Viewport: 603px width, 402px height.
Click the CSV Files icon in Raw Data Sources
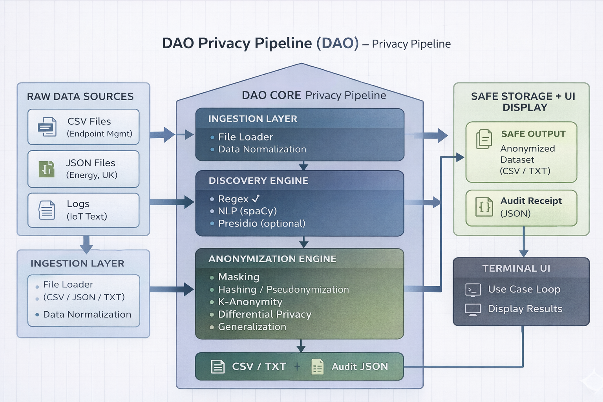coord(47,127)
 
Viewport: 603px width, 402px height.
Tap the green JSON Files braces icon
coord(47,169)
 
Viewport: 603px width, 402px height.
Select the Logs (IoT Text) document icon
coord(47,210)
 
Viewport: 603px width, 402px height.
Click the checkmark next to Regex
coord(256,199)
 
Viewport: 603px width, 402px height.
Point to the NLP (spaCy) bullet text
coord(247,211)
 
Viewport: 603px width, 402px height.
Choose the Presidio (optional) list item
coord(261,223)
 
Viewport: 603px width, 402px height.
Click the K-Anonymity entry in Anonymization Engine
coord(250,302)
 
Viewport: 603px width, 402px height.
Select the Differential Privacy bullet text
coord(265,314)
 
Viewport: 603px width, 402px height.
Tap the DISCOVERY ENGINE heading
coord(258,181)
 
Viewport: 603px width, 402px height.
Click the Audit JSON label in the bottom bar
coord(360,367)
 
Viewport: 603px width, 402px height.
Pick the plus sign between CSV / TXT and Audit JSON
coord(297,367)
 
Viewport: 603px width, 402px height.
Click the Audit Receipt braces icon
coord(484,207)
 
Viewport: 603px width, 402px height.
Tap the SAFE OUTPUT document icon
coord(484,139)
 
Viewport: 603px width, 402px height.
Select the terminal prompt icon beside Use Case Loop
coord(473,290)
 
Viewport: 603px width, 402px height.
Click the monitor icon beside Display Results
coord(473,309)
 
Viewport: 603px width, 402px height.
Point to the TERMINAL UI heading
coord(516,268)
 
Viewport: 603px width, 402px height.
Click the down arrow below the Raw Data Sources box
coord(86,245)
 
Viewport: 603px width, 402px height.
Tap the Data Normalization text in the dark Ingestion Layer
coord(262,150)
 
